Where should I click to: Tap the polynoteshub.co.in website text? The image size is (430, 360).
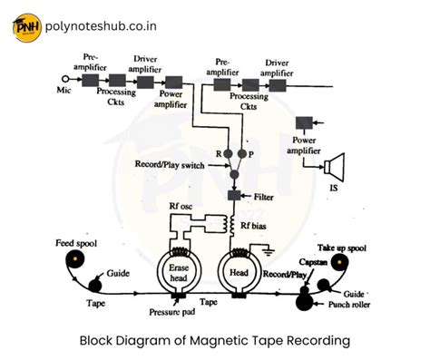[x=114, y=26]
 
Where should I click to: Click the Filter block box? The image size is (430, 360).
[x=235, y=196]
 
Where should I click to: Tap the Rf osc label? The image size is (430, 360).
[x=181, y=206]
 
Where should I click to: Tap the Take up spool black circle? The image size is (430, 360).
[x=340, y=265]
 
